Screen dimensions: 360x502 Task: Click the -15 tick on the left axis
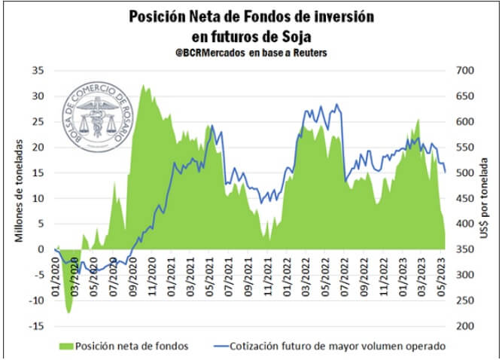(33, 326)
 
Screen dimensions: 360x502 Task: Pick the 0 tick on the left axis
(38, 249)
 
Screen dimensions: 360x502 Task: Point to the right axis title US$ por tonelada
(487, 200)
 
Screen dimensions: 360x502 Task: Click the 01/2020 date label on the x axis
(57, 268)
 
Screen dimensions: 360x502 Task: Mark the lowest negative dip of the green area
(68, 312)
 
